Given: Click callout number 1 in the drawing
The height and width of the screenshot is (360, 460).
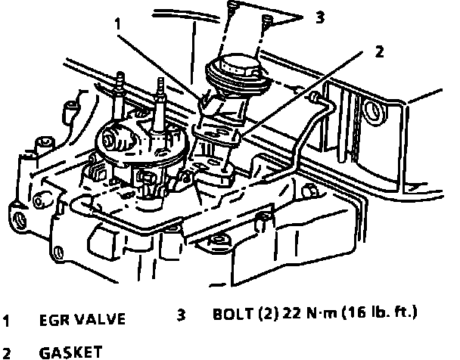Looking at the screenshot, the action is pyautogui.click(x=117, y=23).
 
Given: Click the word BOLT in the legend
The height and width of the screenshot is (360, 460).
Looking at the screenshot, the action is pyautogui.click(x=231, y=313).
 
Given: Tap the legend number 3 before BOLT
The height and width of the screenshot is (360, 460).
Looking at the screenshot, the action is pyautogui.click(x=182, y=313).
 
